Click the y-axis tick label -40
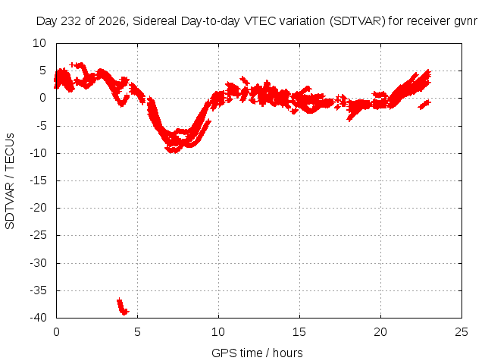38,318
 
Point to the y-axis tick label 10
39,43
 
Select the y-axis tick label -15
38,180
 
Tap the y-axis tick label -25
38,235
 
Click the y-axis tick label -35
38,290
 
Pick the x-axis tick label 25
462,332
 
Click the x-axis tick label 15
299,332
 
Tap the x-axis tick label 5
137,332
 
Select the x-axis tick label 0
56,332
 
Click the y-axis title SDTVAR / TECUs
10,181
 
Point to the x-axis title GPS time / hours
257,353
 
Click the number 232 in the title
71,21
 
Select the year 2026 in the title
113,21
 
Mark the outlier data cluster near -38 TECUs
123,306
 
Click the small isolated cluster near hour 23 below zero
424,105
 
